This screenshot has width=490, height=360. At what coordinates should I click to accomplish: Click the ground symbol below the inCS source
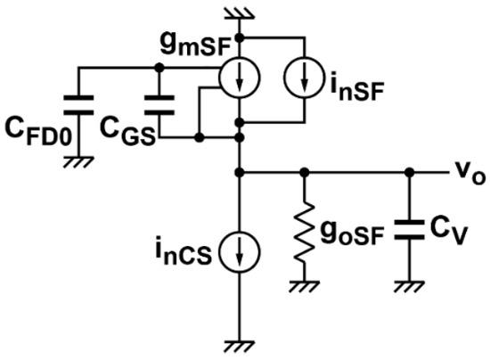point(239,342)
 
